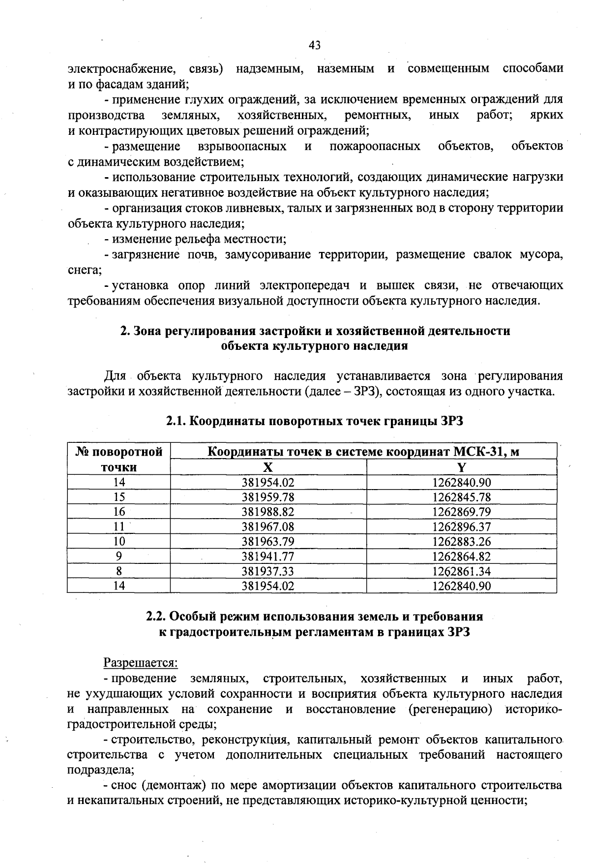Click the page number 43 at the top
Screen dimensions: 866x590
click(x=315, y=45)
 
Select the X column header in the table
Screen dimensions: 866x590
click(x=268, y=467)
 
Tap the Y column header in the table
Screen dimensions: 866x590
click(x=461, y=467)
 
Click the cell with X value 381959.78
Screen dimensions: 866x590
click(x=268, y=497)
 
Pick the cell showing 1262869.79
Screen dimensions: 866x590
click(x=461, y=512)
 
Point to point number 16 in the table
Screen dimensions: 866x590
click(x=119, y=512)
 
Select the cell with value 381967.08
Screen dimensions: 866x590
click(x=268, y=526)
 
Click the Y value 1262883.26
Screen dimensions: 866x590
click(x=461, y=541)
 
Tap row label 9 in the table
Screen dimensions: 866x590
click(x=119, y=557)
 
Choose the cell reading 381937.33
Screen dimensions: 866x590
click(x=268, y=571)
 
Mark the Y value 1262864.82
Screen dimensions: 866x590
click(x=461, y=557)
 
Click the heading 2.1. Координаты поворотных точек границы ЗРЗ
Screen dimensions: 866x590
click(x=315, y=421)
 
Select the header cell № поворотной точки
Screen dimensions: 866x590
click(x=119, y=459)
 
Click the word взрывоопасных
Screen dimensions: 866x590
click(x=242, y=146)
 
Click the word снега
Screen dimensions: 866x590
click(x=84, y=270)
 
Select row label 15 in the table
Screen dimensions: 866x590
click(x=119, y=497)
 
